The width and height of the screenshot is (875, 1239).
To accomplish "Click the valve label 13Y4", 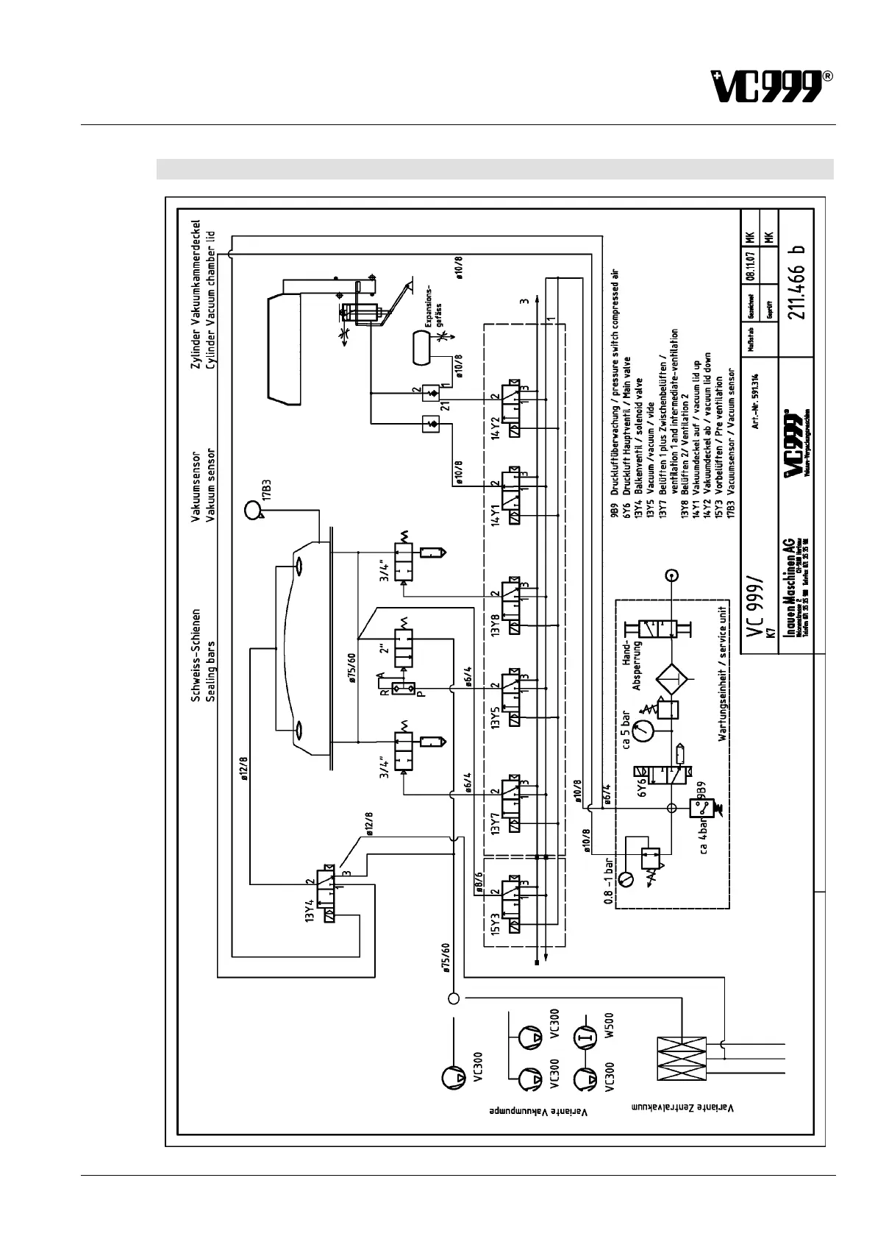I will (x=311, y=910).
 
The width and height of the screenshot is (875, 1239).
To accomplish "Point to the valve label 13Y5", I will (x=497, y=714).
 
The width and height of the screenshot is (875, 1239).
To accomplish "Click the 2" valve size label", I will (x=382, y=653).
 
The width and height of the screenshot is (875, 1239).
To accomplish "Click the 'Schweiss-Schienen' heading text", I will (x=196, y=655).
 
